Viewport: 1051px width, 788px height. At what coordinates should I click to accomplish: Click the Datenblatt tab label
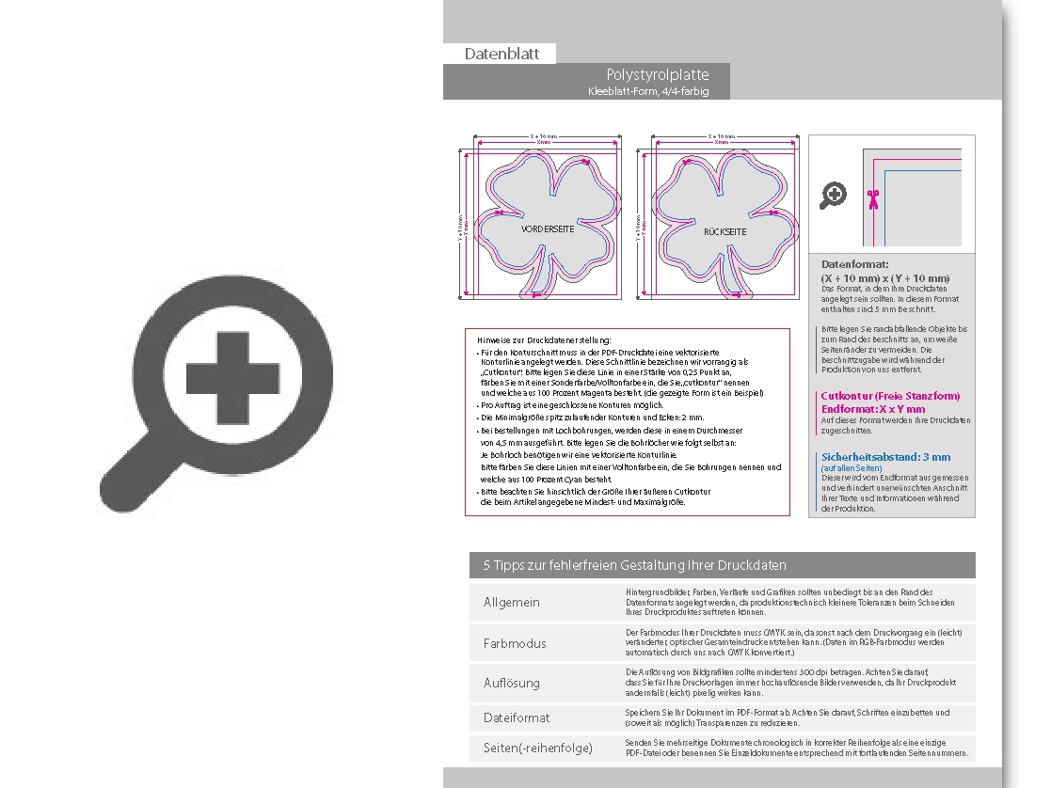pos(502,54)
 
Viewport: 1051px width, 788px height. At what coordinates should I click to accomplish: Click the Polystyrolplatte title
pos(658,74)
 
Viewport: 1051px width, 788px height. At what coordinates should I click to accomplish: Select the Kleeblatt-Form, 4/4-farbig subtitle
pos(647,91)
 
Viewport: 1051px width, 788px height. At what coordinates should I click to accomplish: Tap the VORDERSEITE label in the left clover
pos(548,229)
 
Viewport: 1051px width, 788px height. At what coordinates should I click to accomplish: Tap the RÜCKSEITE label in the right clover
pos(725,231)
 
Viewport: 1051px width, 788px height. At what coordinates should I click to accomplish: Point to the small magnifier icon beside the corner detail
pos(833,196)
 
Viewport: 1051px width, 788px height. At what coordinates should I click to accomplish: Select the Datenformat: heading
pos(854,264)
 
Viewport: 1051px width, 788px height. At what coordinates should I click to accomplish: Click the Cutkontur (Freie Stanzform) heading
pos(890,396)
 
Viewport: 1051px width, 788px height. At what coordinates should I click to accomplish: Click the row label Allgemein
pos(512,602)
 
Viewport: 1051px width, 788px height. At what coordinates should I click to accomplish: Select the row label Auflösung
pos(512,683)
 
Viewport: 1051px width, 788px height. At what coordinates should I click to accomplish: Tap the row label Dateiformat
pos(517,717)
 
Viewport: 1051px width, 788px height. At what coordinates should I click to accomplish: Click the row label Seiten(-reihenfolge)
pos(538,748)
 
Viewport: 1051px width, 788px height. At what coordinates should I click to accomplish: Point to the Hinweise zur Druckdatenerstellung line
pos(544,339)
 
